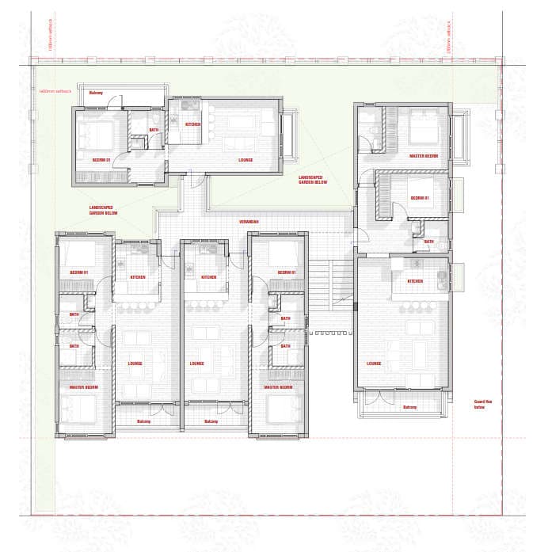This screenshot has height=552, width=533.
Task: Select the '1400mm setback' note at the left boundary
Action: [55, 91]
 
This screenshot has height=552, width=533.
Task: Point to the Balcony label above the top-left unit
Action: [96, 93]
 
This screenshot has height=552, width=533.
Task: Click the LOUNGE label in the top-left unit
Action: [246, 159]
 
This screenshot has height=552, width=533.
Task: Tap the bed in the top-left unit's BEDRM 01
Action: [95, 134]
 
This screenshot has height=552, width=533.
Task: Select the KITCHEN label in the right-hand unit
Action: [415, 281]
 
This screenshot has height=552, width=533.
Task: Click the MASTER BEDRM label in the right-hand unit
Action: [423, 156]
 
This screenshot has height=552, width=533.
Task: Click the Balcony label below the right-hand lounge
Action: [409, 407]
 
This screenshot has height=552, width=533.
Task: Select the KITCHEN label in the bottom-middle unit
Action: [208, 277]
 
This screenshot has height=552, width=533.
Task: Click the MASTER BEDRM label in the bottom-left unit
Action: [83, 387]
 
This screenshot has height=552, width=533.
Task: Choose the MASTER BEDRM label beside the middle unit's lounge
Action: [279, 387]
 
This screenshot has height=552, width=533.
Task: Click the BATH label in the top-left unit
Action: [153, 130]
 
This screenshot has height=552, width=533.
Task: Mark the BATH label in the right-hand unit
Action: [428, 242]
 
